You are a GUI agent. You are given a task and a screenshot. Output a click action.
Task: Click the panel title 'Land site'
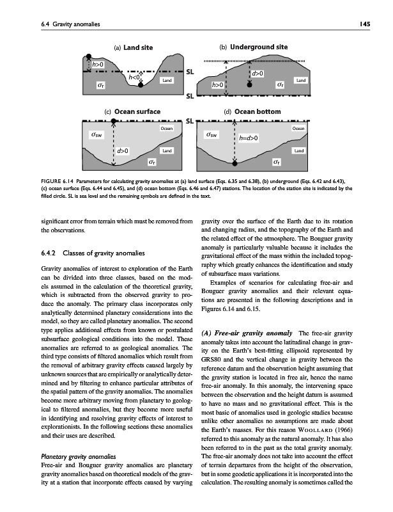pyautogui.click(x=138, y=47)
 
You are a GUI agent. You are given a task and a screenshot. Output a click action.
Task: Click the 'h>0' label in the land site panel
pyautogui.click(x=98, y=64)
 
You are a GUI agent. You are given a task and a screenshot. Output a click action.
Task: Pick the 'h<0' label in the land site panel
pyautogui.click(x=134, y=77)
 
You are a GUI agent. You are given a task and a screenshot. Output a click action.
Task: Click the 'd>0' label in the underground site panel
pyautogui.click(x=259, y=74)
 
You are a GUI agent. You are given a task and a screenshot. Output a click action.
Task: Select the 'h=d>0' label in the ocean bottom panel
pyautogui.click(x=249, y=137)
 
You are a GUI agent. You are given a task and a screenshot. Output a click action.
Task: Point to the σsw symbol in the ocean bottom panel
pyautogui.click(x=211, y=134)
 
